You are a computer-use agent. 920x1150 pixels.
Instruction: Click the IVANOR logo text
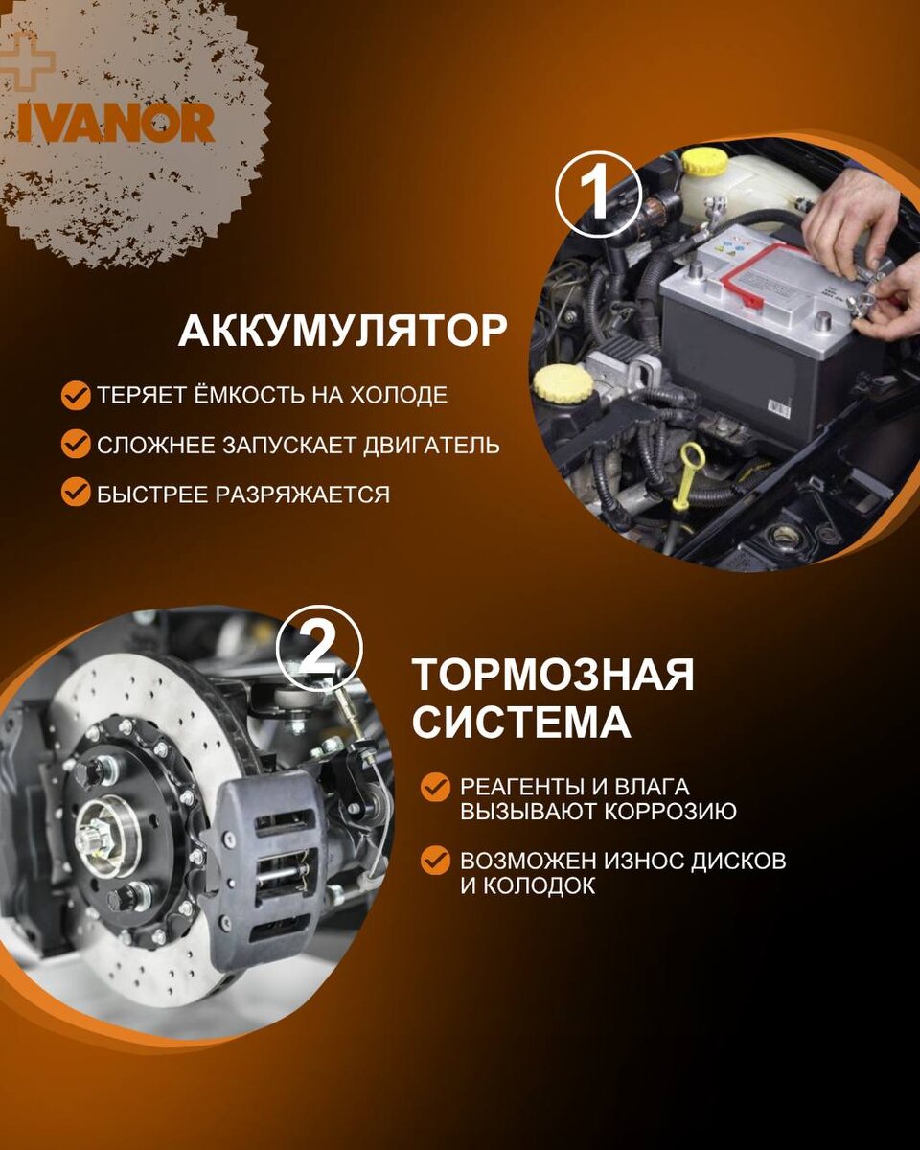click(x=116, y=123)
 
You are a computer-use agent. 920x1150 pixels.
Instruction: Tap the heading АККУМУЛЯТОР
click(x=342, y=332)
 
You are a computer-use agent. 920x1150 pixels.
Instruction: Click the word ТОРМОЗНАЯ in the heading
click(x=553, y=675)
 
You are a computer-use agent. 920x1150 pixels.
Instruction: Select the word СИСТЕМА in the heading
click(x=521, y=722)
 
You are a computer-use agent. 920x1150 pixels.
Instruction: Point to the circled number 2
click(x=319, y=648)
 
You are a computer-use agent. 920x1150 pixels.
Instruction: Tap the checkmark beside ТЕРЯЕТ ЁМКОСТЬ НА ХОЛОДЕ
click(x=76, y=395)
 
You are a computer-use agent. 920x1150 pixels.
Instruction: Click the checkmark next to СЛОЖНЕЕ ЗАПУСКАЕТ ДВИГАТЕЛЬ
click(x=76, y=445)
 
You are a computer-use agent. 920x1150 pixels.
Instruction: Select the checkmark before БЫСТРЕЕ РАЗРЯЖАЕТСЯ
click(x=76, y=493)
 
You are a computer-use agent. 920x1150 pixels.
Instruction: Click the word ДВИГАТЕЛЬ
click(x=432, y=445)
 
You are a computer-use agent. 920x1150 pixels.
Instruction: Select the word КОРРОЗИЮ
click(x=671, y=811)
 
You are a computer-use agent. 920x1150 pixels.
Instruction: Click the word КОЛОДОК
click(x=539, y=886)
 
